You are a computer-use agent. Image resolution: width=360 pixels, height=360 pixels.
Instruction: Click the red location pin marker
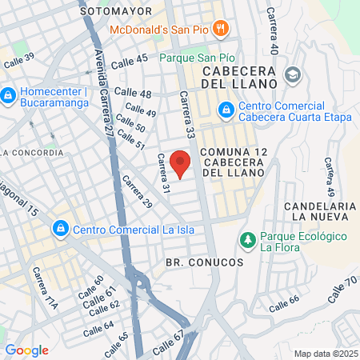(181, 163)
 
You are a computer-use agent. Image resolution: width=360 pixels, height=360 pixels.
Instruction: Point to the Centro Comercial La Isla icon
(60, 230)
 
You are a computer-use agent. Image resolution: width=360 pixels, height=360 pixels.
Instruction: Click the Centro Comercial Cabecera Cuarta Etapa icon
(227, 107)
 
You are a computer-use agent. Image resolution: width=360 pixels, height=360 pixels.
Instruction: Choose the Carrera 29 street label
(137, 193)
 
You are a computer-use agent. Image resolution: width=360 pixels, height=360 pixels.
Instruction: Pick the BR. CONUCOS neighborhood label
(192, 262)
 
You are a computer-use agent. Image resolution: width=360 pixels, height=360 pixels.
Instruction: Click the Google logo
(26, 350)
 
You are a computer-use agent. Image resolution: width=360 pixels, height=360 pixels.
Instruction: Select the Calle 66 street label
(284, 304)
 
